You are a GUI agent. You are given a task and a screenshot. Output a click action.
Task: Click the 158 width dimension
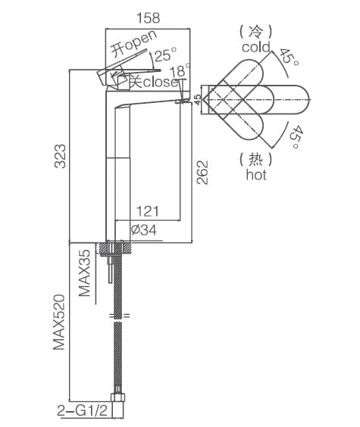147,17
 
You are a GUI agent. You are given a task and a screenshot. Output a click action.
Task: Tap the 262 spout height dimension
201,173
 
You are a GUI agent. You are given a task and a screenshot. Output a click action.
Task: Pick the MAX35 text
86,273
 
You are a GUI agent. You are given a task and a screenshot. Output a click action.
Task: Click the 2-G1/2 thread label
80,411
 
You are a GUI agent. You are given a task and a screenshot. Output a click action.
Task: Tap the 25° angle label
166,55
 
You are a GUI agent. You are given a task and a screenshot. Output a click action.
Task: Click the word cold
256,48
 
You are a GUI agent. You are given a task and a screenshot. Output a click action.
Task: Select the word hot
256,175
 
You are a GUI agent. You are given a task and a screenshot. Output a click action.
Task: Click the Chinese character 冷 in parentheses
256,32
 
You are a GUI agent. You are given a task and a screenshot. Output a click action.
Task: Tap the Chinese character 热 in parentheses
256,159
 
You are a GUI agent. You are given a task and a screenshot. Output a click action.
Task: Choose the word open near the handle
140,42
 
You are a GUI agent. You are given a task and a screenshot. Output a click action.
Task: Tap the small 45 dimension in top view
197,98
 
